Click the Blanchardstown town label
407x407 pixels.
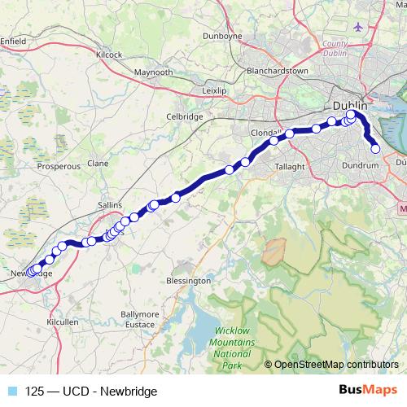click(x=278, y=71)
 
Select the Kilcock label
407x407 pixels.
click(x=108, y=55)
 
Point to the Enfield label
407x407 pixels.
click(x=14, y=38)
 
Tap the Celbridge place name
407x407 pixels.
click(x=184, y=116)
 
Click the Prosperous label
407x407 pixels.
click(x=59, y=165)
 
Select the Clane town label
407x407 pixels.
click(x=98, y=163)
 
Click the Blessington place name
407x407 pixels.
click(x=188, y=280)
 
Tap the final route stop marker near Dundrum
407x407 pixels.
click(x=376, y=149)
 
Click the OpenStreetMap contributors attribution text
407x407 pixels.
click(x=336, y=365)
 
